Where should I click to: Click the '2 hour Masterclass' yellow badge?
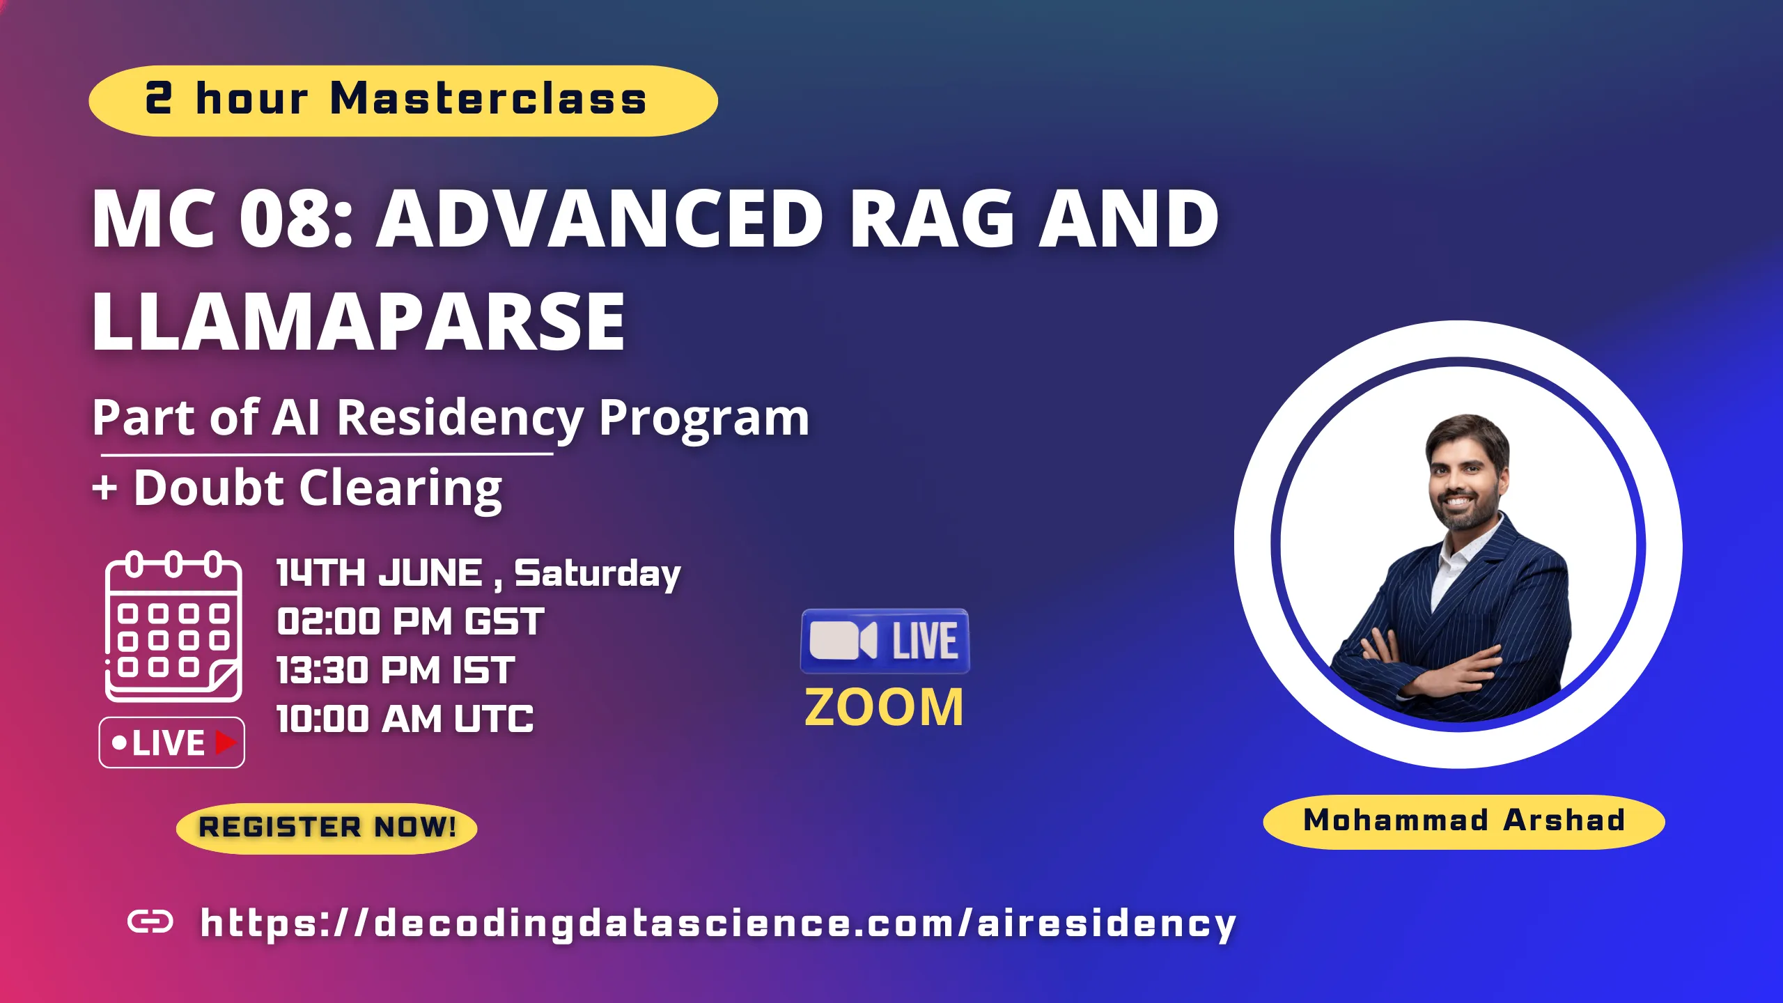(403, 100)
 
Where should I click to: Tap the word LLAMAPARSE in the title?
(359, 322)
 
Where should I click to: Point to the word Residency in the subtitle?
(460, 418)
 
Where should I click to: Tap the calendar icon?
(173, 627)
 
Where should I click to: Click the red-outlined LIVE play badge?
(172, 742)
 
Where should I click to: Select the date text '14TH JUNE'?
(380, 573)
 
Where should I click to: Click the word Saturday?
(597, 573)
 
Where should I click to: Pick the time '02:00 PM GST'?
(410, 621)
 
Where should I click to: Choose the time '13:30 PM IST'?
(396, 670)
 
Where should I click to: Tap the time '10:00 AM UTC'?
(405, 719)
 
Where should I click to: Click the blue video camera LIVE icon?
(885, 641)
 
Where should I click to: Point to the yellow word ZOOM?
(885, 708)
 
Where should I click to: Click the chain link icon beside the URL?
(150, 922)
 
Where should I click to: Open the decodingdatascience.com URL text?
(717, 924)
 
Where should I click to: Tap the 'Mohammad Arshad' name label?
(1463, 821)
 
